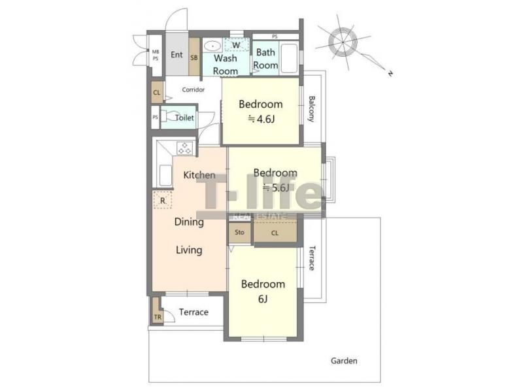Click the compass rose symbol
coord(343,42)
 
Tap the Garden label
coord(344,361)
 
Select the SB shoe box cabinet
coord(194,57)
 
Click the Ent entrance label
coord(177,55)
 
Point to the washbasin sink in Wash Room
coord(212,46)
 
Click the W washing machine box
coord(236,44)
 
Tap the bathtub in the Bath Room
coord(289,58)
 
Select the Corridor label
coord(194,90)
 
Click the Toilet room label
coord(184,118)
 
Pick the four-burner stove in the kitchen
coord(185,148)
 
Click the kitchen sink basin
coord(165,175)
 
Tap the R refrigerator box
coord(162,200)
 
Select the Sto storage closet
coord(239,233)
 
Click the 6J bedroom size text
coord(263,299)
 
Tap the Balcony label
coord(311,109)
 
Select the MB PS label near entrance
coord(156,55)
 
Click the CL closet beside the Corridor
coord(157,92)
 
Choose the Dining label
coord(189,222)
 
